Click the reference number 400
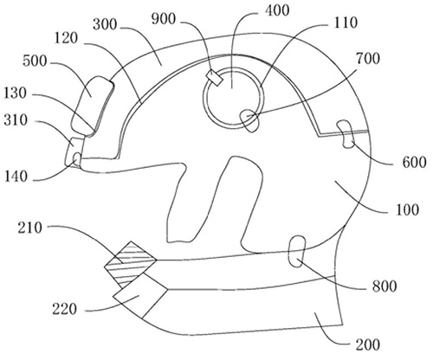(x=277, y=10)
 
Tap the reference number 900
(x=164, y=19)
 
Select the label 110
(x=346, y=22)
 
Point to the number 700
(x=367, y=59)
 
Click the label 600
(x=414, y=162)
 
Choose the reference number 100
(x=407, y=209)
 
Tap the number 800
(x=385, y=286)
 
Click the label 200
(x=367, y=344)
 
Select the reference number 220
(x=64, y=309)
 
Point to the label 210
(x=30, y=228)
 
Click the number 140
(x=16, y=177)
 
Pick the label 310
(x=16, y=120)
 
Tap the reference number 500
(x=35, y=61)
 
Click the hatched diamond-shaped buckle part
(x=131, y=265)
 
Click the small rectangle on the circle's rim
(x=215, y=78)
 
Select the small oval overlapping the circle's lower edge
(x=249, y=120)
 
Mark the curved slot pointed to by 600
(x=346, y=134)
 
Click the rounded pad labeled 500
(x=92, y=106)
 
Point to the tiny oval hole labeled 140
(x=77, y=159)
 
